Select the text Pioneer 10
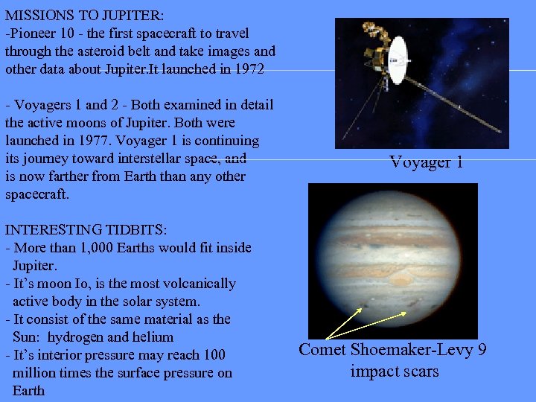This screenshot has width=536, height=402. pyautogui.click(x=42, y=33)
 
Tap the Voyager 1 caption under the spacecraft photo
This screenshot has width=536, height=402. pyautogui.click(x=427, y=162)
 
